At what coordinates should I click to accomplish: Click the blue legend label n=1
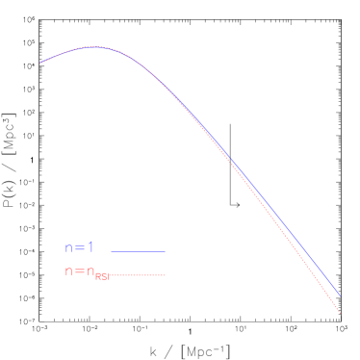click(x=79, y=248)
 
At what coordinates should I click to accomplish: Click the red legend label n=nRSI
click(x=87, y=272)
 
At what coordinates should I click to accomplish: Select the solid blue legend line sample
click(x=138, y=251)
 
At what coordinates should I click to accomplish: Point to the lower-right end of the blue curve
click(x=340, y=295)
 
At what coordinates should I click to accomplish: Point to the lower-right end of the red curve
click(x=341, y=312)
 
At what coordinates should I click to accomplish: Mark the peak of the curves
click(x=93, y=46)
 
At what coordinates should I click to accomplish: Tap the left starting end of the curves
click(x=40, y=64)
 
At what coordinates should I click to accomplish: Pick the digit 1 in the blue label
click(x=90, y=248)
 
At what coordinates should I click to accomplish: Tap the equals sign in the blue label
click(x=79, y=248)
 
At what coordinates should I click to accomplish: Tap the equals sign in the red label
click(x=79, y=271)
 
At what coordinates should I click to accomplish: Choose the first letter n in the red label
click(x=68, y=271)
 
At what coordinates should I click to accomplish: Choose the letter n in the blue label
click(x=68, y=248)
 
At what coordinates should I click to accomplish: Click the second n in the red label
click(x=90, y=271)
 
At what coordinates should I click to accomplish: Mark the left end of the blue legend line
click(x=111, y=251)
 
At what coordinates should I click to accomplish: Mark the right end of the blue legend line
click(x=166, y=251)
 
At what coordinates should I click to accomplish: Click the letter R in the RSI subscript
click(x=97, y=277)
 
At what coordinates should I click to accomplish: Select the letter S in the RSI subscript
click(x=103, y=277)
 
